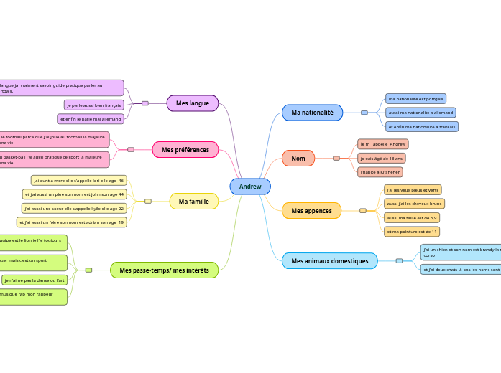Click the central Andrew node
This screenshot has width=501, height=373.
250,186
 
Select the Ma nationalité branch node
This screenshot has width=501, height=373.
312,113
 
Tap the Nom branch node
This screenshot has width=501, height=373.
298,158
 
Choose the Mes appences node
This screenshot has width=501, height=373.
311,211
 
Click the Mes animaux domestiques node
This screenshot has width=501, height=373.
329,261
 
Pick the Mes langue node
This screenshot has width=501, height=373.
192,103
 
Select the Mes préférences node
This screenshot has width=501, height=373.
185,150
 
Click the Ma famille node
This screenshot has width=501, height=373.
193,202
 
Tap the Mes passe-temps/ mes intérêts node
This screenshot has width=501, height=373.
164,270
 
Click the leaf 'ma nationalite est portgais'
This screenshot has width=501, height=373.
415,98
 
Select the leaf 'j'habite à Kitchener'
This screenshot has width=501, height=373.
380,172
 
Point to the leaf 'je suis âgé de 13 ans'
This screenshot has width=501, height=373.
382,158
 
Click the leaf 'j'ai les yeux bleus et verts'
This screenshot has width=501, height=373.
413,190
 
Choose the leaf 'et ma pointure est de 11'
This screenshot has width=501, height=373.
412,232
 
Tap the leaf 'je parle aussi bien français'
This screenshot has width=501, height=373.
93,105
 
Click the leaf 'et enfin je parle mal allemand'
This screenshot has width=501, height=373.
91,119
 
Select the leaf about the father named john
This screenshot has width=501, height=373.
75,194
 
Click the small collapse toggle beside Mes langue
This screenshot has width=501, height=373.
145,103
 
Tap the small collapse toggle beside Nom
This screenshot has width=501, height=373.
336,158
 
